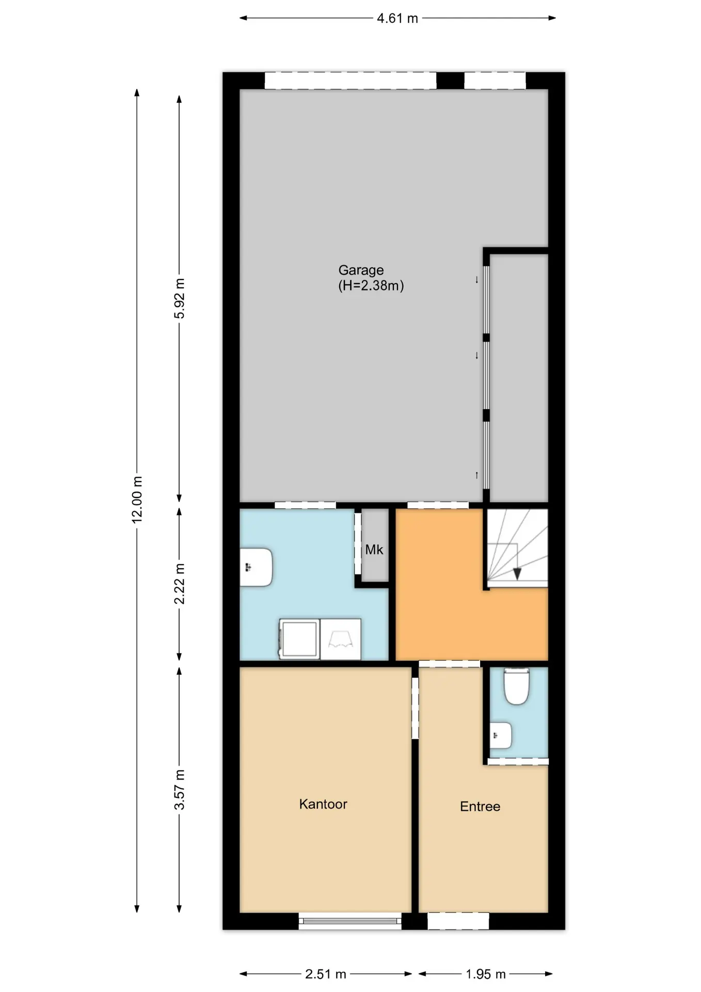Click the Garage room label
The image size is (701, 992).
pos(361,270)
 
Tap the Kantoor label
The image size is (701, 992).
pos(323,804)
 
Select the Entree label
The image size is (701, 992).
pos(480,807)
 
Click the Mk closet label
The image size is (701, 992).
pos(374,550)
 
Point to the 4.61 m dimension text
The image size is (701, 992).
pos(397,19)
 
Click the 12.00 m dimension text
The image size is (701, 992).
pos(137,500)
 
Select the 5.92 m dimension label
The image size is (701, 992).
pos(179,298)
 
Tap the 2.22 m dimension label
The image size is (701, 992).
pos(179,584)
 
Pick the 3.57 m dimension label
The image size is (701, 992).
pos(179,790)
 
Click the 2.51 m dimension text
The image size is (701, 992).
pos(326,974)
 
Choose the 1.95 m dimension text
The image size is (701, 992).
pos(486,974)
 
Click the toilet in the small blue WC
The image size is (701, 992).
pos(517,687)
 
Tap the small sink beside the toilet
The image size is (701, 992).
pos(500,735)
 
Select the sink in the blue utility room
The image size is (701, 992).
pos(257,567)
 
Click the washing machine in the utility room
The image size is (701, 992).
pos(299,639)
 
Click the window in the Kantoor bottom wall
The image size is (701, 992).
pos(350,921)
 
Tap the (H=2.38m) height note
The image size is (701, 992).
pos(371,286)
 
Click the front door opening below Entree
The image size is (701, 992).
pos(458,921)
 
